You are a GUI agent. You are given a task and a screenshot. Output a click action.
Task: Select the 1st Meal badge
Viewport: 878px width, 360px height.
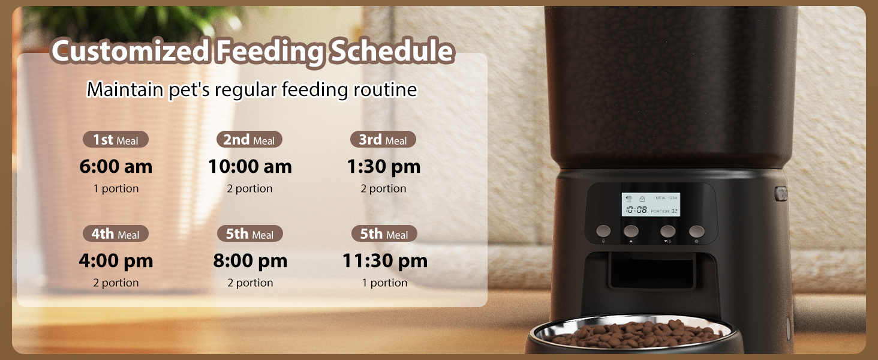115,140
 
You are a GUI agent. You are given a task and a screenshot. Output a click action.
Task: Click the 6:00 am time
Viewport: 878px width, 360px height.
116,166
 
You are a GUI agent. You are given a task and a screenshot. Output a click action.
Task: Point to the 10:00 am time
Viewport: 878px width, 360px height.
249,166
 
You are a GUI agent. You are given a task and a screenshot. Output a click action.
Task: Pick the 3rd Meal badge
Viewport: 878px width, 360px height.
383,140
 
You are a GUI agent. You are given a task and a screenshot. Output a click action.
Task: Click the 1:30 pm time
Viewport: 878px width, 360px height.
383,166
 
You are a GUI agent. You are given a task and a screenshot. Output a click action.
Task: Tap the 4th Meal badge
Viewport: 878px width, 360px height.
115,234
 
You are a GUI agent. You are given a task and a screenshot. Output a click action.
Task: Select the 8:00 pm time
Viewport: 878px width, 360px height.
250,260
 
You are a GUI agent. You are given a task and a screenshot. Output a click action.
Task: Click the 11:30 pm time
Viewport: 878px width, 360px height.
384,260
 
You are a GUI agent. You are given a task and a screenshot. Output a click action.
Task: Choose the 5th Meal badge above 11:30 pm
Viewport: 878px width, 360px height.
383,234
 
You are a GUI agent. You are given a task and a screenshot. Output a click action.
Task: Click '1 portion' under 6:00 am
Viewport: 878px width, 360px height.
116,188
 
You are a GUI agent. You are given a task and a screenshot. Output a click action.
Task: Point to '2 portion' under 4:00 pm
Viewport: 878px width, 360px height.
116,283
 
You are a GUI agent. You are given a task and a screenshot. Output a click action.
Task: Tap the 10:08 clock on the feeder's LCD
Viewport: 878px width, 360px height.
636,210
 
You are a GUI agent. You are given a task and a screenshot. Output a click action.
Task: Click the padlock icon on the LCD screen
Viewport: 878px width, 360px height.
641,198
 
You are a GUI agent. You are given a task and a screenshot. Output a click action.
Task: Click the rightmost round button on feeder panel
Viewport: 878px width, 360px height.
696,231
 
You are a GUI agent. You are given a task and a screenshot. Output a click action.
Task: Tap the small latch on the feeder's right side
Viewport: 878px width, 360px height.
780,194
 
